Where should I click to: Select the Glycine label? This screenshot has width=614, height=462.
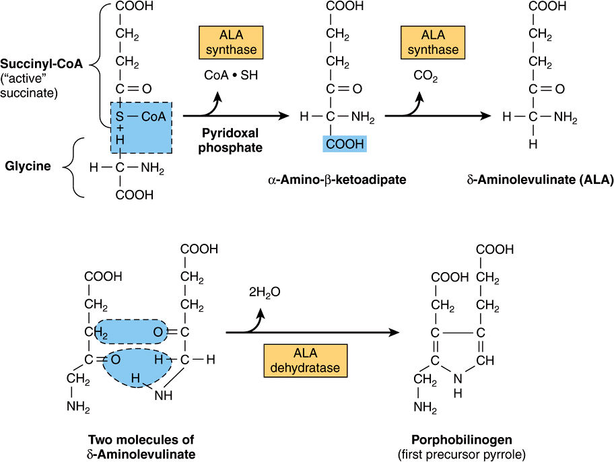pos(28,166)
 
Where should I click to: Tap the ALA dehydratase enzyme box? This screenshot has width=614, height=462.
pos(305,361)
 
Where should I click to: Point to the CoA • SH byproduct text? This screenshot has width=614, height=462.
pos(231,75)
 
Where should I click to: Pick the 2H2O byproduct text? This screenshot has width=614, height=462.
pos(264,292)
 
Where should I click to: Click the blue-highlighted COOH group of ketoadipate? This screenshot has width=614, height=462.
pos(344,143)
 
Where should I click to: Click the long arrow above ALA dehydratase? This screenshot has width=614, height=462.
pos(310,332)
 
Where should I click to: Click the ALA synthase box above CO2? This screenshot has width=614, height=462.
pos(430,43)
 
